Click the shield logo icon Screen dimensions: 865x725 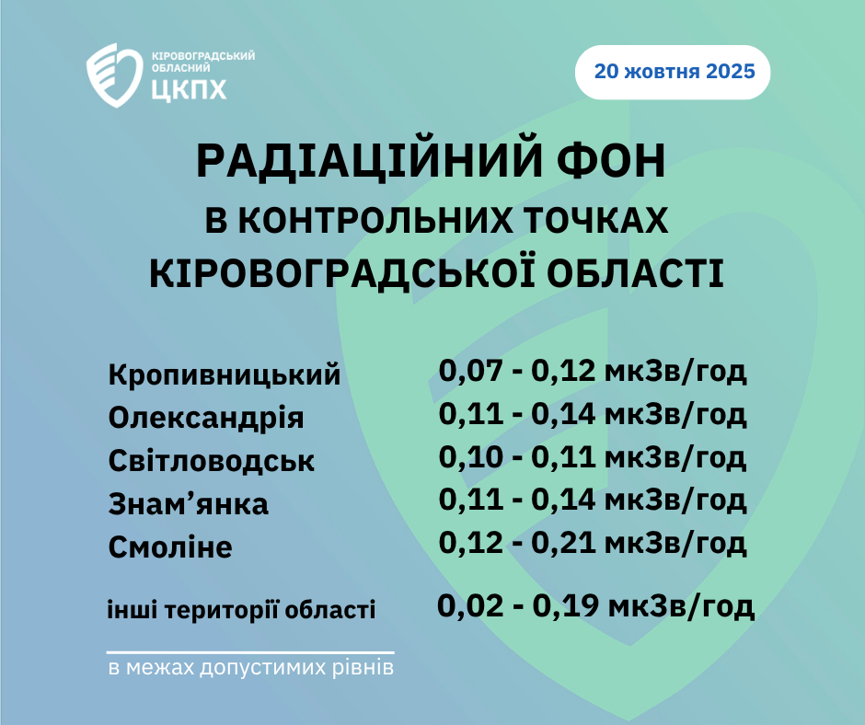coord(114,75)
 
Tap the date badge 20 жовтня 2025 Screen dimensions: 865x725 coord(673,73)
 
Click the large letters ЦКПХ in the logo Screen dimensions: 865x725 coord(189,89)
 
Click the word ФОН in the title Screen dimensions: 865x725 coord(611,161)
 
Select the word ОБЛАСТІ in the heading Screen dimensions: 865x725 coord(636,273)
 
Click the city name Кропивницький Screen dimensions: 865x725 coord(225,375)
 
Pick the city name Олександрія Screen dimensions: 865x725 coord(206,418)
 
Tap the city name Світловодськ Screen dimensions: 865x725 coord(212,461)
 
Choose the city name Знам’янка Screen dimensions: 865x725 coord(188,504)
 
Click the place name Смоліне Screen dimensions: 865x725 coord(170,547)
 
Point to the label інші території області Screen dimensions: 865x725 coord(241,610)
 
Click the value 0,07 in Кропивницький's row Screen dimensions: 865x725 coord(470,372)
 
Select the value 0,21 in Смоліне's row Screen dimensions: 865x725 coord(562,543)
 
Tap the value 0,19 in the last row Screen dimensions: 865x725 coord(565,605)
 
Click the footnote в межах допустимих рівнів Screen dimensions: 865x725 coord(251,668)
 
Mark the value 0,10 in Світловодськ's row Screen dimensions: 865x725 coord(470,457)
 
